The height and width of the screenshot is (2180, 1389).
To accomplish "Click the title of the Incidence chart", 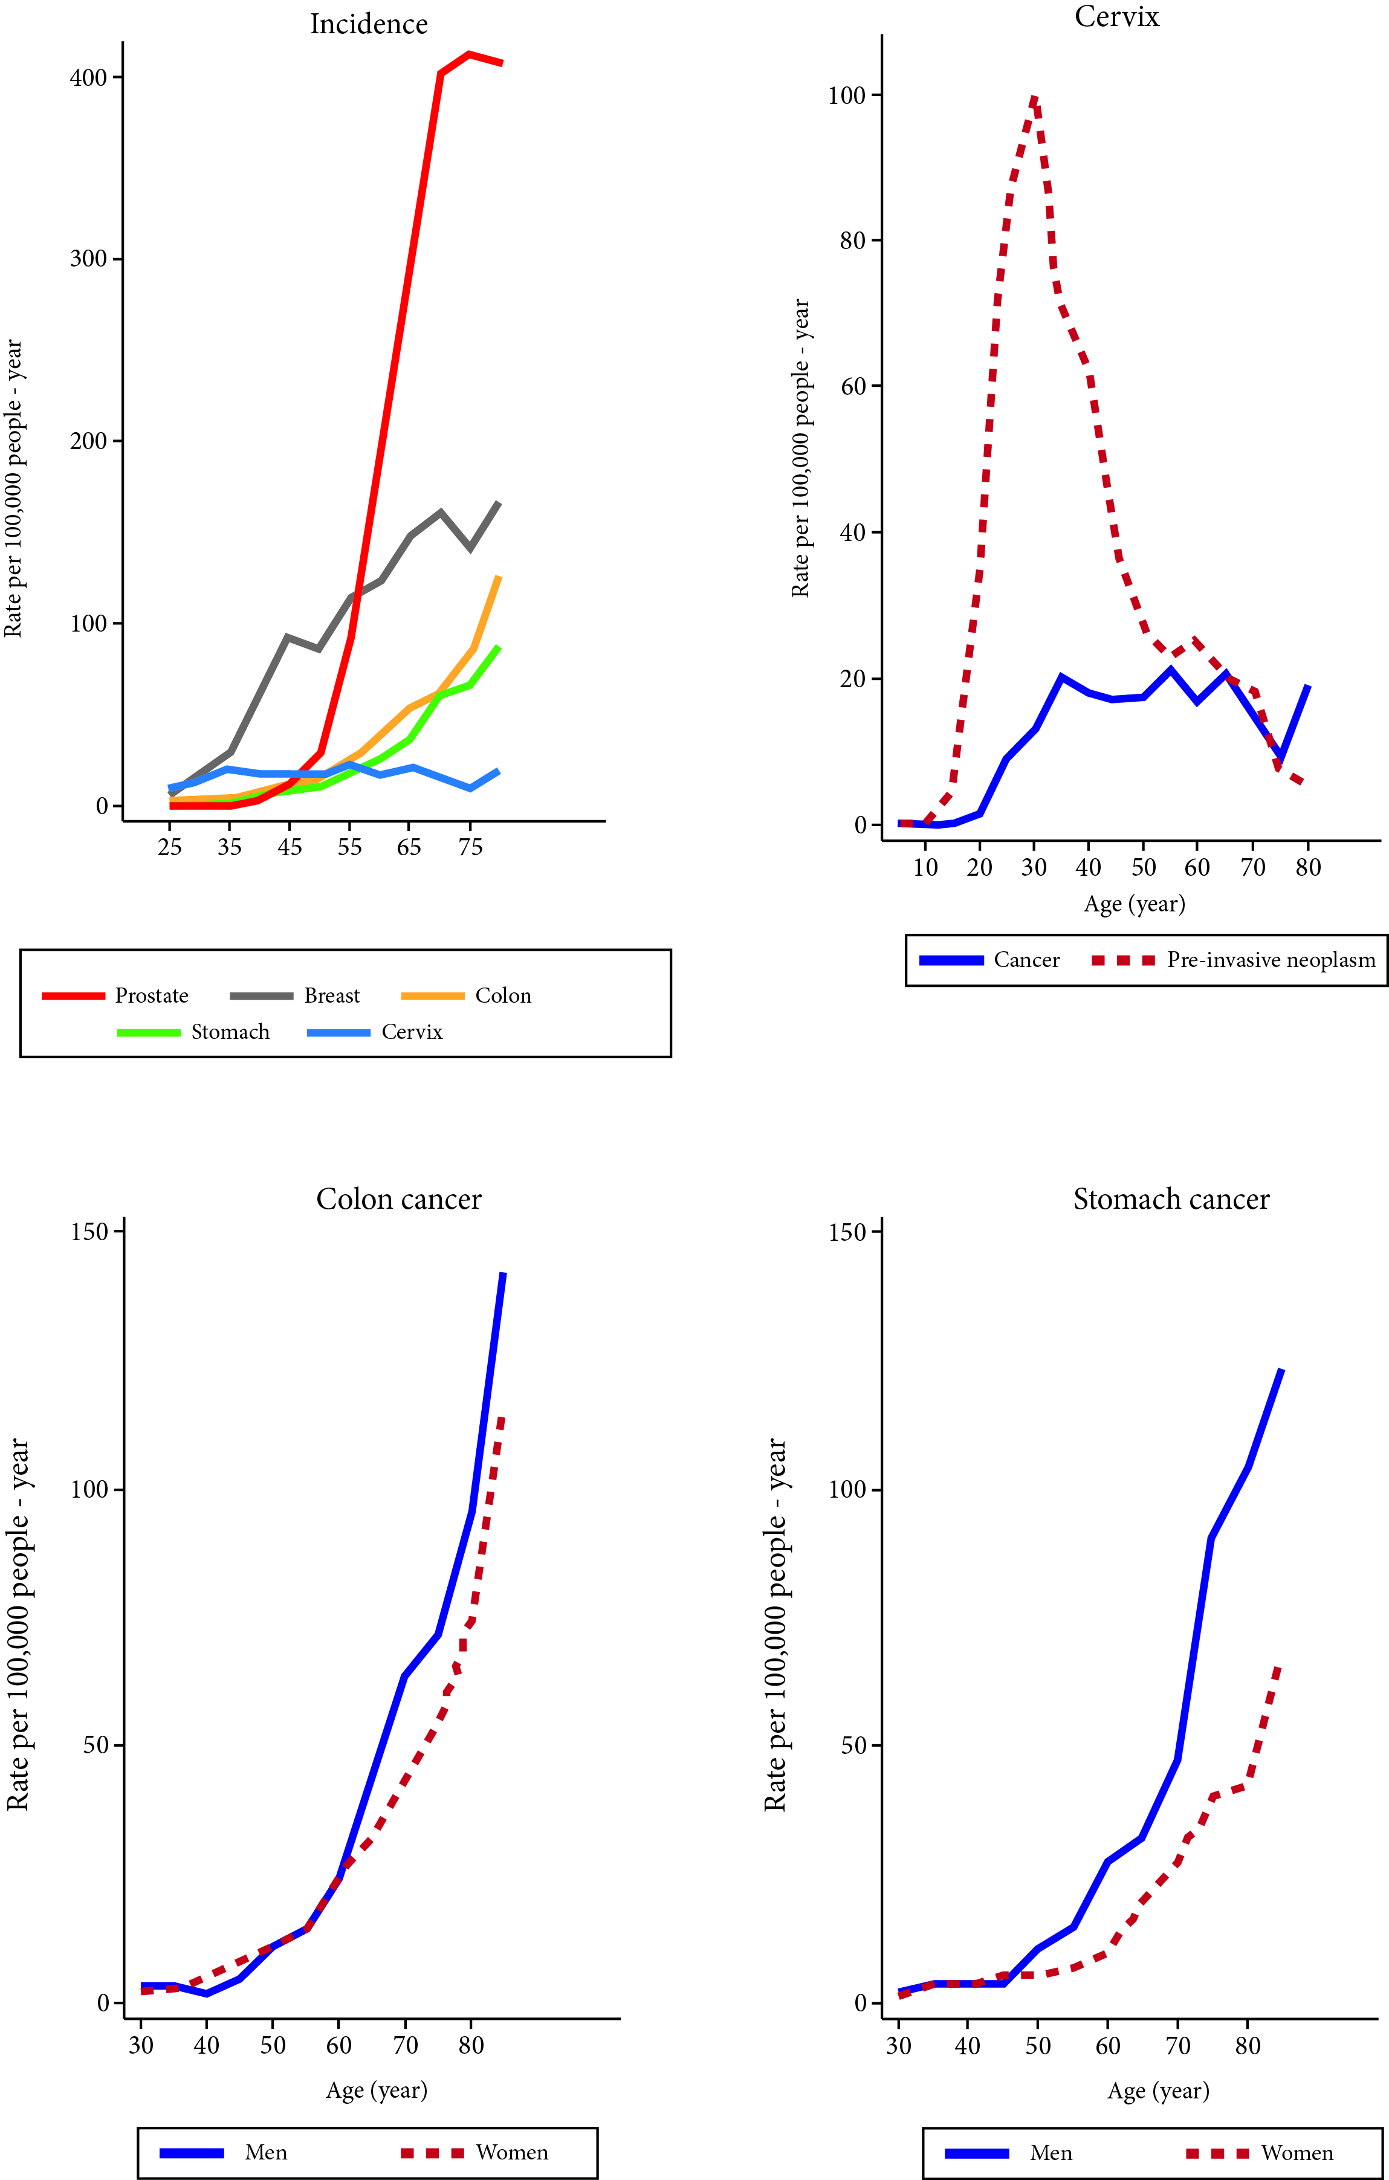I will click(369, 24).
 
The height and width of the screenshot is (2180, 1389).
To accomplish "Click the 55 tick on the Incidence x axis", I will click(349, 847).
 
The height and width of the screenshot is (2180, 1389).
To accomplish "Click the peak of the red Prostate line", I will click(469, 54).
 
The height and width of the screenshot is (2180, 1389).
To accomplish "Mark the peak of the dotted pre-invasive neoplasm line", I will click(1034, 98).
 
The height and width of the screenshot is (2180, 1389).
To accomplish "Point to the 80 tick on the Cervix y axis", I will click(852, 241).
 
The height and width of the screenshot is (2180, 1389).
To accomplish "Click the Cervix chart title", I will click(1116, 17).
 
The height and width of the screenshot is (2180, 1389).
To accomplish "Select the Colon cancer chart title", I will click(398, 1200).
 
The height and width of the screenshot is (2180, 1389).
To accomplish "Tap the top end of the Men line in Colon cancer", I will click(503, 1274).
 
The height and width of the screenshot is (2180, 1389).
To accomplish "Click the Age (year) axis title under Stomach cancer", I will click(1158, 2091).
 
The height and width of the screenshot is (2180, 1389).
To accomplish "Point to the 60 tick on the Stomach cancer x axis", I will click(1107, 2046).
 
